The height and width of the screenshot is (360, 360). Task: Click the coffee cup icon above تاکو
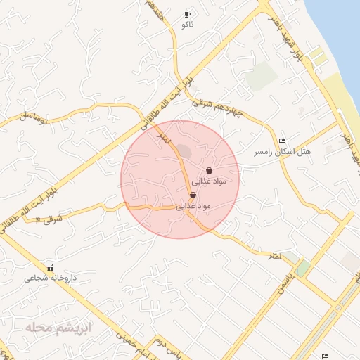187,14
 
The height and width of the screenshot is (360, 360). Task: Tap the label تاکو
187,25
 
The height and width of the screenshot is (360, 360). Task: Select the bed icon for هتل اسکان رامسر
283,141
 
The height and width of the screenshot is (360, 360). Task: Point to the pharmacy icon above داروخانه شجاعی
49,268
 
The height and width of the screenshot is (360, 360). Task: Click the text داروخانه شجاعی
49,278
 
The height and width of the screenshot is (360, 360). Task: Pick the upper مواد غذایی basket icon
210,170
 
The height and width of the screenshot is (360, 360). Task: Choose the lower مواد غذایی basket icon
193,195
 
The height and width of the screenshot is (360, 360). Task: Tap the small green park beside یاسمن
303,268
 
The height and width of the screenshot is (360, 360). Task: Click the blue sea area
337,35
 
